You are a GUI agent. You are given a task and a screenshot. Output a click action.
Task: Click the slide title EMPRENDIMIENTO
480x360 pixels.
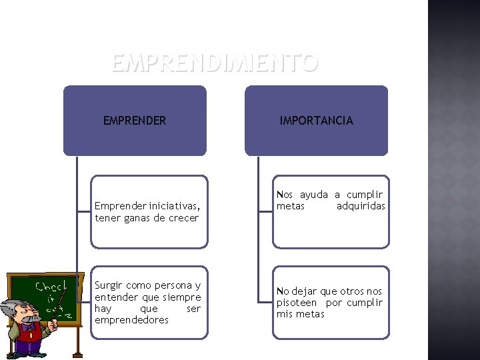[x=215, y=63]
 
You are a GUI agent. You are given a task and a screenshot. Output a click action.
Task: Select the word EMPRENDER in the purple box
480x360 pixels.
[x=135, y=121]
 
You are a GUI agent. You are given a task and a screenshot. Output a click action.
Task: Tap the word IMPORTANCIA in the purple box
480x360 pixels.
[x=316, y=121]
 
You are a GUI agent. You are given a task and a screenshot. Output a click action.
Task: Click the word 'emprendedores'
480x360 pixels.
[x=131, y=320]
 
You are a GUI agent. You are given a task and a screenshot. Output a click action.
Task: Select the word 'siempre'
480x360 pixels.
[x=181, y=297]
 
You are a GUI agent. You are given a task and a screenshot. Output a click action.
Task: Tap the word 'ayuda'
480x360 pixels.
[x=313, y=195]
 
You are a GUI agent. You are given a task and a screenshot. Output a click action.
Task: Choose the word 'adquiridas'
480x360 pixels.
[x=361, y=207]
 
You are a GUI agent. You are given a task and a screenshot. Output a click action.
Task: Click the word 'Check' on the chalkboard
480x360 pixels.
[x=50, y=287]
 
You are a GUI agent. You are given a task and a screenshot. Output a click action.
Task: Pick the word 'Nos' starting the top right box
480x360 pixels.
[x=285, y=195]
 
